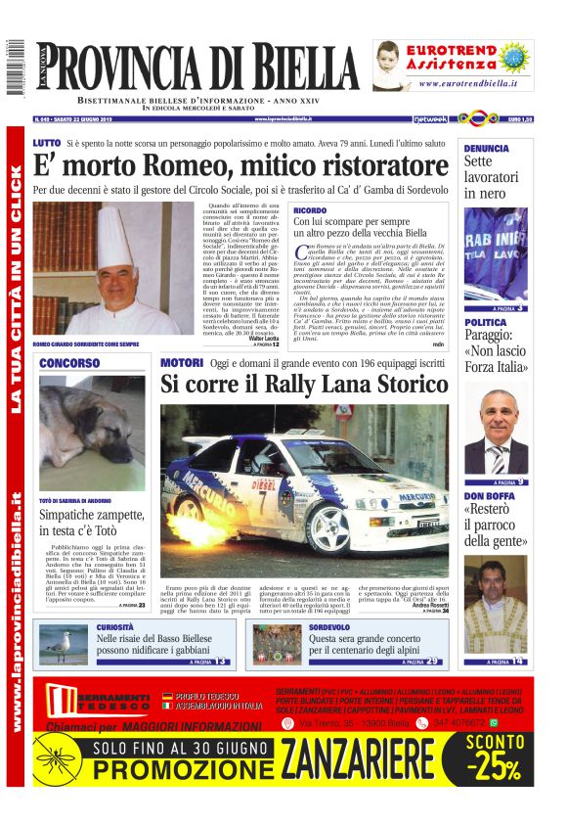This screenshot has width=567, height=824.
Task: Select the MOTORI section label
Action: click(x=181, y=363)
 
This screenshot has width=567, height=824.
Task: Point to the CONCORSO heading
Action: click(x=68, y=363)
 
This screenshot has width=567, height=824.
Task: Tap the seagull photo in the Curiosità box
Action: click(x=64, y=645)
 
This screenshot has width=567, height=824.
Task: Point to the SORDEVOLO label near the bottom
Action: click(x=329, y=626)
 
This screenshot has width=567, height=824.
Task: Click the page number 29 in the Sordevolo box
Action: click(x=432, y=661)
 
